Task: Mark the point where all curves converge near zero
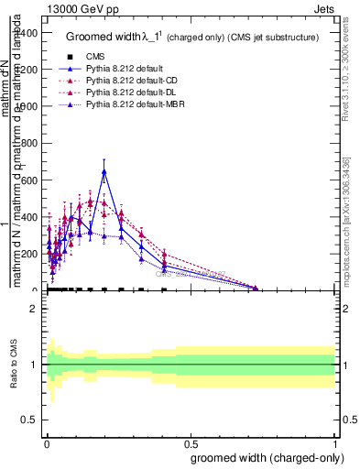(x=256, y=289)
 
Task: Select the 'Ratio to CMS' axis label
(x=15, y=365)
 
